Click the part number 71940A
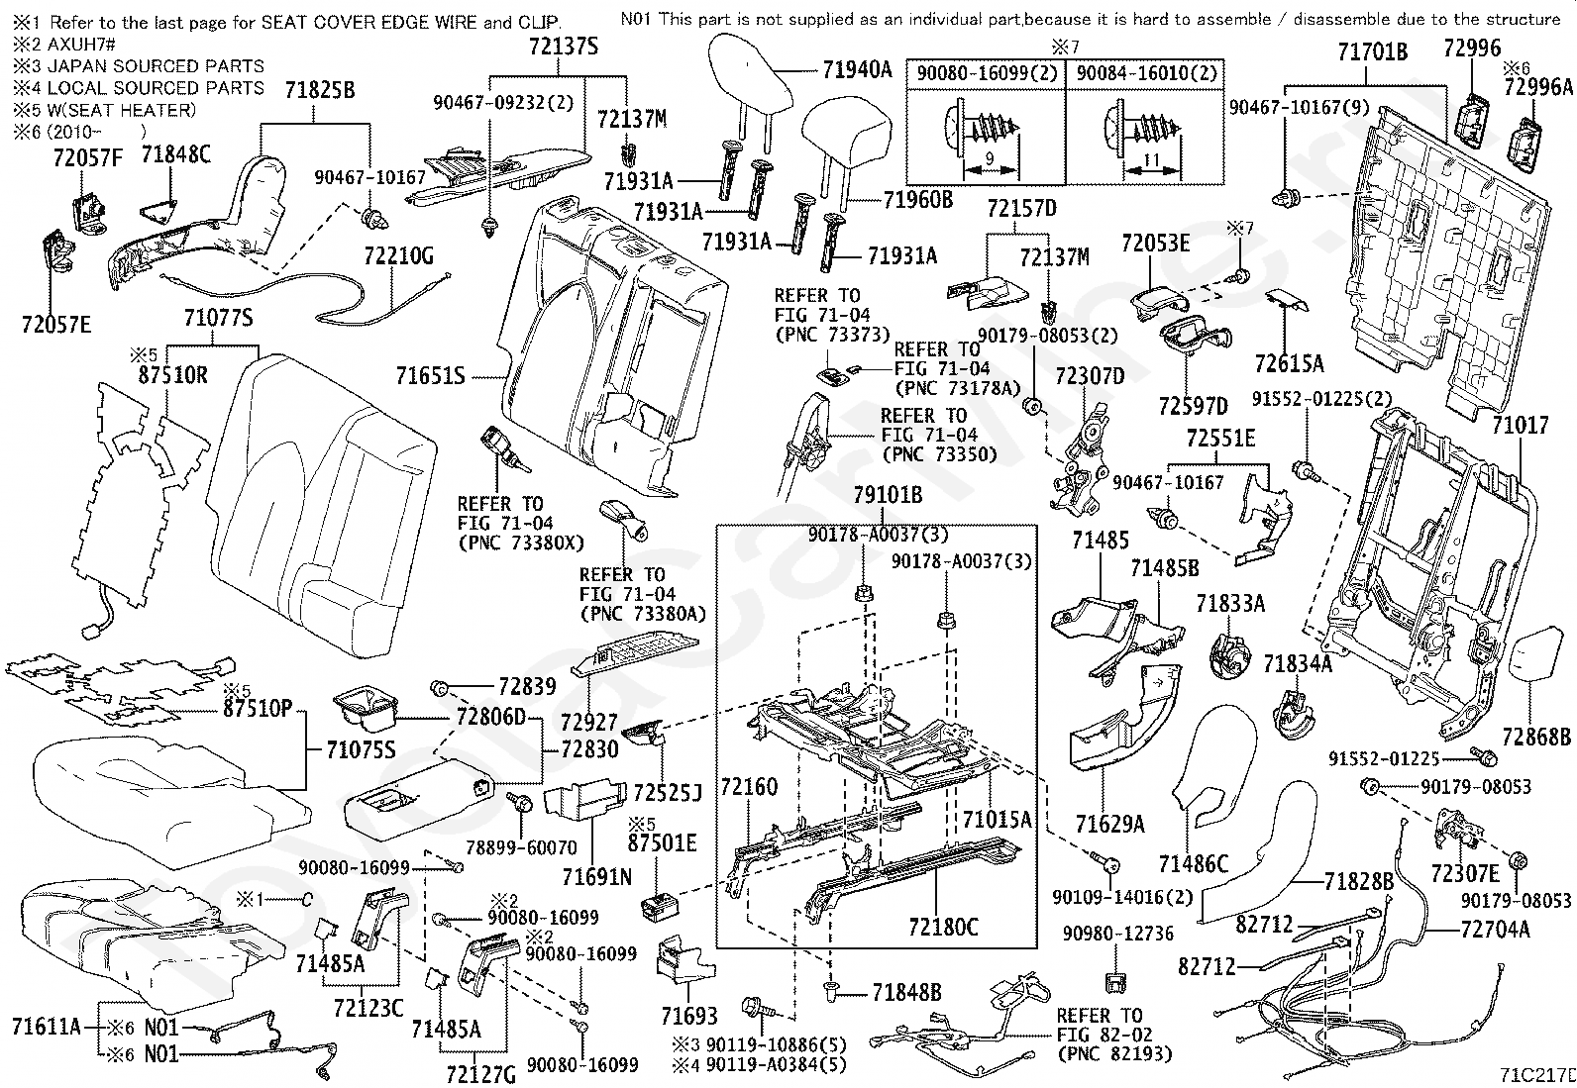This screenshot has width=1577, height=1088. click(x=858, y=69)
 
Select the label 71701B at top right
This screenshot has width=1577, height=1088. click(x=1372, y=52)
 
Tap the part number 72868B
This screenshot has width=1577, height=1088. click(x=1536, y=738)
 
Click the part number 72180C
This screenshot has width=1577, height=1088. click(x=943, y=927)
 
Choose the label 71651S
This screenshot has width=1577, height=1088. click(x=430, y=376)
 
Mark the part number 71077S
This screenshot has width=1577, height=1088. click(x=218, y=318)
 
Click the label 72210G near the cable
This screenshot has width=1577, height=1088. click(x=398, y=257)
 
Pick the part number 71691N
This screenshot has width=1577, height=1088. click(x=596, y=877)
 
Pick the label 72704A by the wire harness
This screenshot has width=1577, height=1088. click(x=1495, y=929)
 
